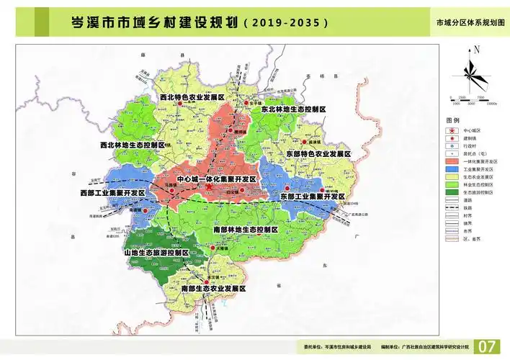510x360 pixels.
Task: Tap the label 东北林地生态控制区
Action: coord(293,109)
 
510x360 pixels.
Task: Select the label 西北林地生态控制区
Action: coord(133,145)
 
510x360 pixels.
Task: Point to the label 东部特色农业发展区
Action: coord(318,154)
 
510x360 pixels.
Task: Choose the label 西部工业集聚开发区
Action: coord(113,194)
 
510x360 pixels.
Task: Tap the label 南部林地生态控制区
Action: coord(246,229)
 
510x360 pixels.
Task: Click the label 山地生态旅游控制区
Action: coord(156,254)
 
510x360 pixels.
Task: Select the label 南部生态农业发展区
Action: coord(214,288)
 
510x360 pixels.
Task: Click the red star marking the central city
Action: coord(208,188)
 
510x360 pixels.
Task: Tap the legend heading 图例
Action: coord(452,120)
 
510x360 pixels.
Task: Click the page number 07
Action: coord(488,346)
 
